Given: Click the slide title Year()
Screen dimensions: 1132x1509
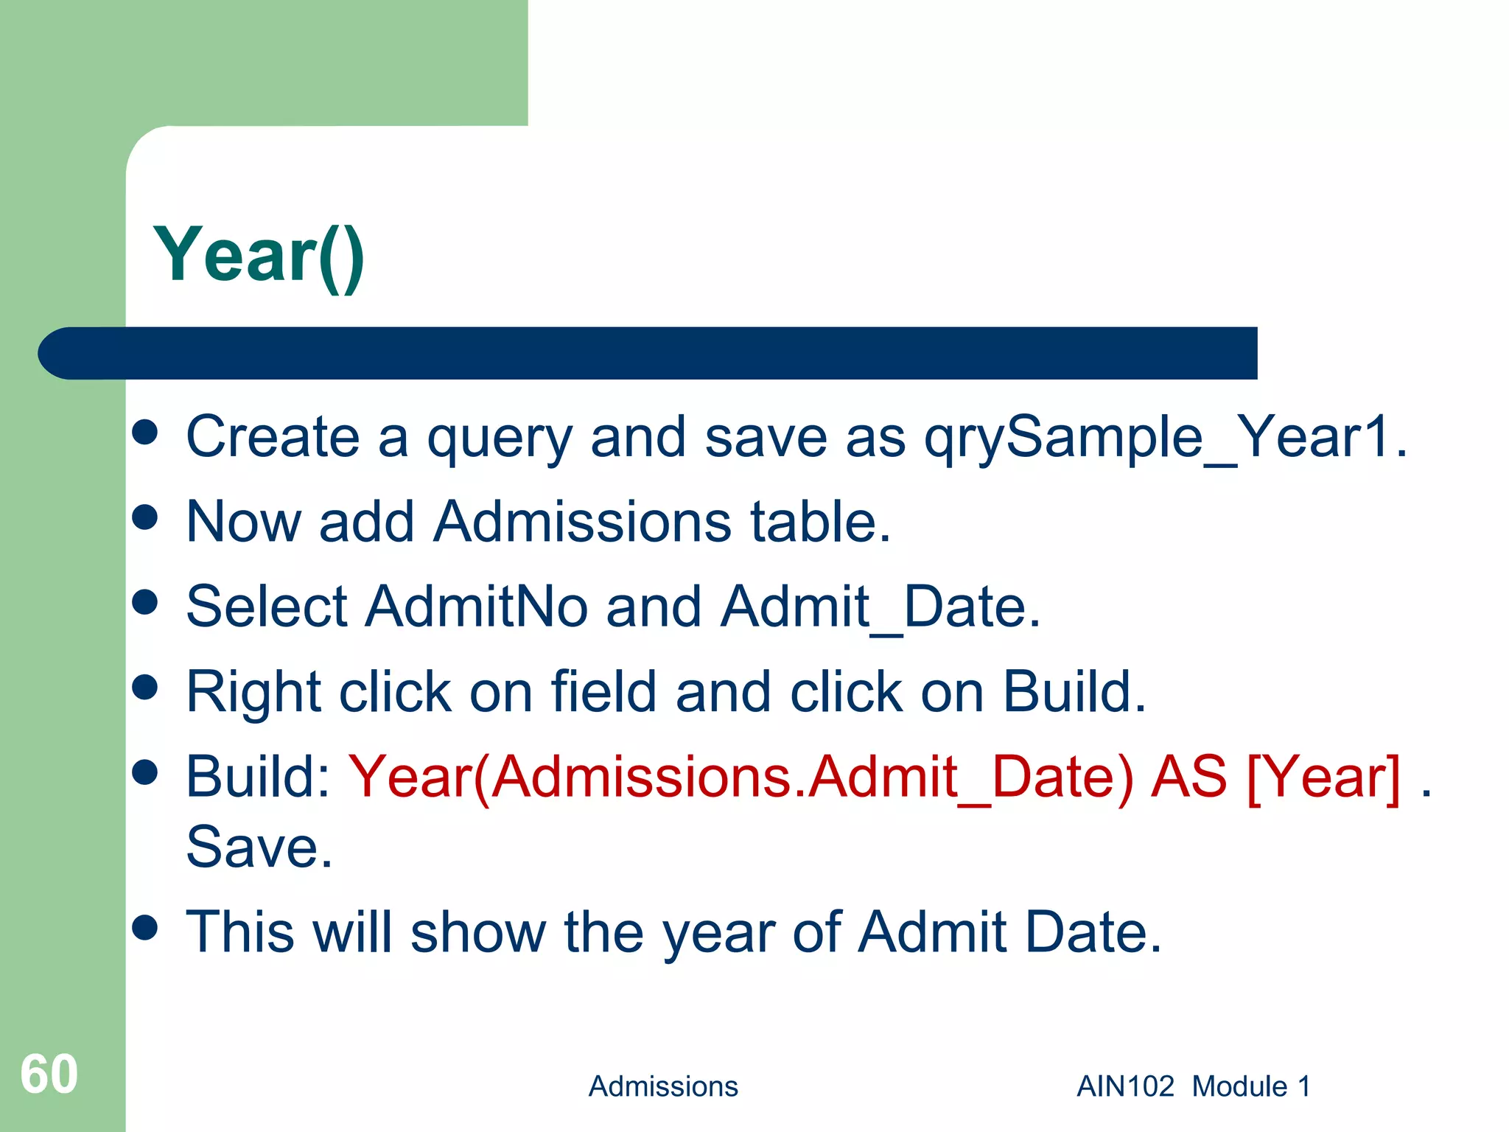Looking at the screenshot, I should pos(259,256).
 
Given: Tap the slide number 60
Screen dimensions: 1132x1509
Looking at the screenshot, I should pos(49,1074).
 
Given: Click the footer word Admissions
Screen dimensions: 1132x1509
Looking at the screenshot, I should pos(663,1086).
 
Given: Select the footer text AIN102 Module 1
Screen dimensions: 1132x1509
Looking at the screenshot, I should pos(1194,1086).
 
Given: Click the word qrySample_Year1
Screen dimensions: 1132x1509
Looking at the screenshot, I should pos(1166,438).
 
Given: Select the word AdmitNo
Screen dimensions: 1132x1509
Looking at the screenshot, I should pos(477,607).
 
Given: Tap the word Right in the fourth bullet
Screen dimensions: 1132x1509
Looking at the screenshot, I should pos(253,693).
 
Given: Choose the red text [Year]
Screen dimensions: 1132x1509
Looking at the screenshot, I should pos(1323,777).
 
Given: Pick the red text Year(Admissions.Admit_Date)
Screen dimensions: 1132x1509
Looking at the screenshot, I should pos(741,778).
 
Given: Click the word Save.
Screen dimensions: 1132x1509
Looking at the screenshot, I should pos(259,848).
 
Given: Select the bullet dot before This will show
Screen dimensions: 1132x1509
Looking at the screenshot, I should pos(145,928).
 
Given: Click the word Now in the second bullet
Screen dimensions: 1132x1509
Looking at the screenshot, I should pos(243,522).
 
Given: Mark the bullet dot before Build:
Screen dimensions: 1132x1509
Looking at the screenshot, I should pos(145,772).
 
